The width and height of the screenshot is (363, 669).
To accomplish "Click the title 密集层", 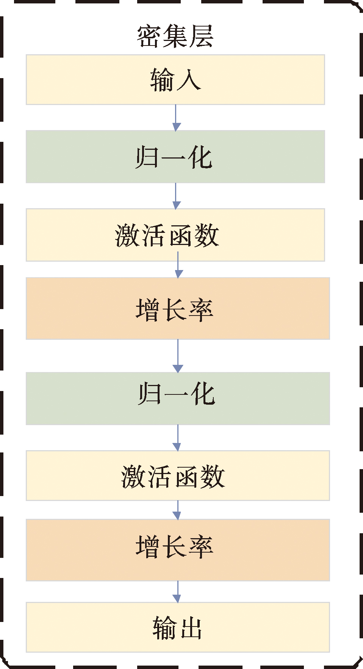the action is point(175,36).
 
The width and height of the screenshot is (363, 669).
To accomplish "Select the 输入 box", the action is point(175,80).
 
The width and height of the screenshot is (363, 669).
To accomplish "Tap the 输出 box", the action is point(178,627).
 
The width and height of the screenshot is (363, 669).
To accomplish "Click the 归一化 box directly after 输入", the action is point(175,157).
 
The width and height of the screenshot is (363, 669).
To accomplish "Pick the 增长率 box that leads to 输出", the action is point(178,550).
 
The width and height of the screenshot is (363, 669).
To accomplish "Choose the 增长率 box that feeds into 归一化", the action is point(178,308).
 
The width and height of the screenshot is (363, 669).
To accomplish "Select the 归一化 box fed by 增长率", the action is point(178,398).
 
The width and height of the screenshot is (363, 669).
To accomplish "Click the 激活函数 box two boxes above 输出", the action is point(178,476).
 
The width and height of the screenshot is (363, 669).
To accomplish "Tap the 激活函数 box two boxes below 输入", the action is point(175,235).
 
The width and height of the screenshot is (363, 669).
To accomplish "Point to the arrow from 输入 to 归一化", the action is point(176,118).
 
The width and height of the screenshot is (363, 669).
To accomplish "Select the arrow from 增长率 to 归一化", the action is point(178,356).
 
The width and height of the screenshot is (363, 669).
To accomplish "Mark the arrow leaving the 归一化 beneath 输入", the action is point(176,196).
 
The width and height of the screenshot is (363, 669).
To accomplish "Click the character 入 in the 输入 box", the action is point(188,80).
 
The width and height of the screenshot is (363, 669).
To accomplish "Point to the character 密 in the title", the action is point(149,37).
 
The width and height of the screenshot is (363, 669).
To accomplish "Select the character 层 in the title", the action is point(202,36).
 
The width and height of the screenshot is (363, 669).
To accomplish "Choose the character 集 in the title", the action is point(175,36).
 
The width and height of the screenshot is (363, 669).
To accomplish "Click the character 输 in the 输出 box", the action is point(165,628).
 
